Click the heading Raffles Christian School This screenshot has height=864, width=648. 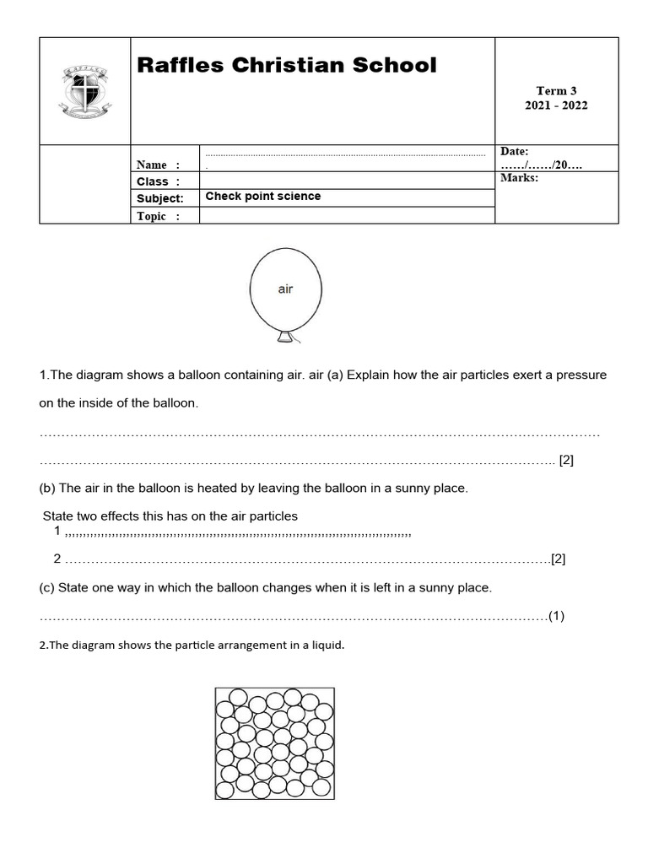287,65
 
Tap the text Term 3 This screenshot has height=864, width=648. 556,91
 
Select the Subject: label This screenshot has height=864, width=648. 159,198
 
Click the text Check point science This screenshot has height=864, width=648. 263,197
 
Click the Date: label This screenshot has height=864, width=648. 514,151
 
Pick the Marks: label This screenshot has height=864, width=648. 518,178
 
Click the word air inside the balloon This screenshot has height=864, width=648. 285,289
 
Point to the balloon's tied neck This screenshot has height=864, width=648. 285,338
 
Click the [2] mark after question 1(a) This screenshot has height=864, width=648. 567,461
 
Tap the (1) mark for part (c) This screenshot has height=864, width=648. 556,615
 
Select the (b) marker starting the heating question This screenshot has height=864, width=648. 47,489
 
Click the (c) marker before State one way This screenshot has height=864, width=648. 47,587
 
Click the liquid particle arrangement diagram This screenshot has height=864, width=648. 274,743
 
